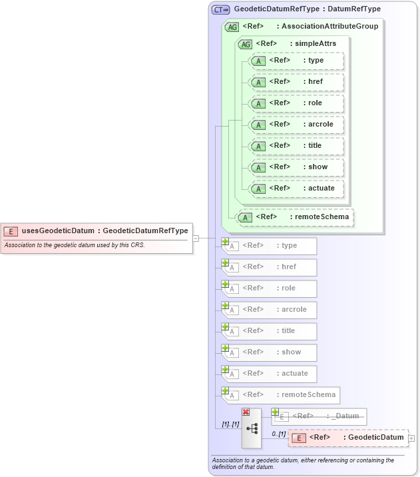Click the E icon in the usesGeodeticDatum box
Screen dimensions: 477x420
click(11, 231)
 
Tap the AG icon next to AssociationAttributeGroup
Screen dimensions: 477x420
click(232, 27)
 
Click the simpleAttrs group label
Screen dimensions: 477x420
click(296, 43)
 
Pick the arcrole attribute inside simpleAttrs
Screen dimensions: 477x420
click(296, 124)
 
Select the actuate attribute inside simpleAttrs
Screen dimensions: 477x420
click(296, 188)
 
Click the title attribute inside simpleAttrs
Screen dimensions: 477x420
click(296, 145)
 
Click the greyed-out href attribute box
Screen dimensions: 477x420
click(270, 267)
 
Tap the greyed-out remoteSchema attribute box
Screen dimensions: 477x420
click(280, 395)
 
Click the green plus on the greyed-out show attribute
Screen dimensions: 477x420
click(226, 348)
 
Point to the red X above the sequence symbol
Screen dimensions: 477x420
click(246, 412)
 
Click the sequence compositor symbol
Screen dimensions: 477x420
click(252, 428)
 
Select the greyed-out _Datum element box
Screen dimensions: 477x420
click(319, 416)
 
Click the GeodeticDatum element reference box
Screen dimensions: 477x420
click(348, 438)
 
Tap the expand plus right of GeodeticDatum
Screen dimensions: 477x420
click(411, 438)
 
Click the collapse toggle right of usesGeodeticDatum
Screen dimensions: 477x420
click(196, 238)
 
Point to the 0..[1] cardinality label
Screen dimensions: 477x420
click(278, 434)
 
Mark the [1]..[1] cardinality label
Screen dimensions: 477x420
click(230, 424)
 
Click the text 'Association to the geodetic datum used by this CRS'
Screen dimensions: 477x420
click(75, 245)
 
